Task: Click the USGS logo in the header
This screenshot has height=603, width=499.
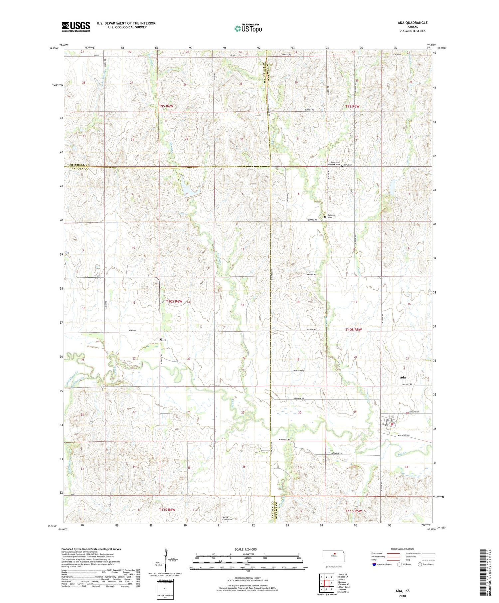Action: pyautogui.click(x=76, y=27)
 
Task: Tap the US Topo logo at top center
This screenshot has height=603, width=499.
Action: pyautogui.click(x=248, y=28)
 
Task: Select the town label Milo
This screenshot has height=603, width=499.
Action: pyautogui.click(x=163, y=339)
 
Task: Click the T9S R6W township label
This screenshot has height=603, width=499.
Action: pyautogui.click(x=166, y=106)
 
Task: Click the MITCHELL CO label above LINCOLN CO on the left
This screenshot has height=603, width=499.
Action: pyautogui.click(x=80, y=165)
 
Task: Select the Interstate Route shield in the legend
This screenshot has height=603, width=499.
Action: pyautogui.click(x=374, y=564)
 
